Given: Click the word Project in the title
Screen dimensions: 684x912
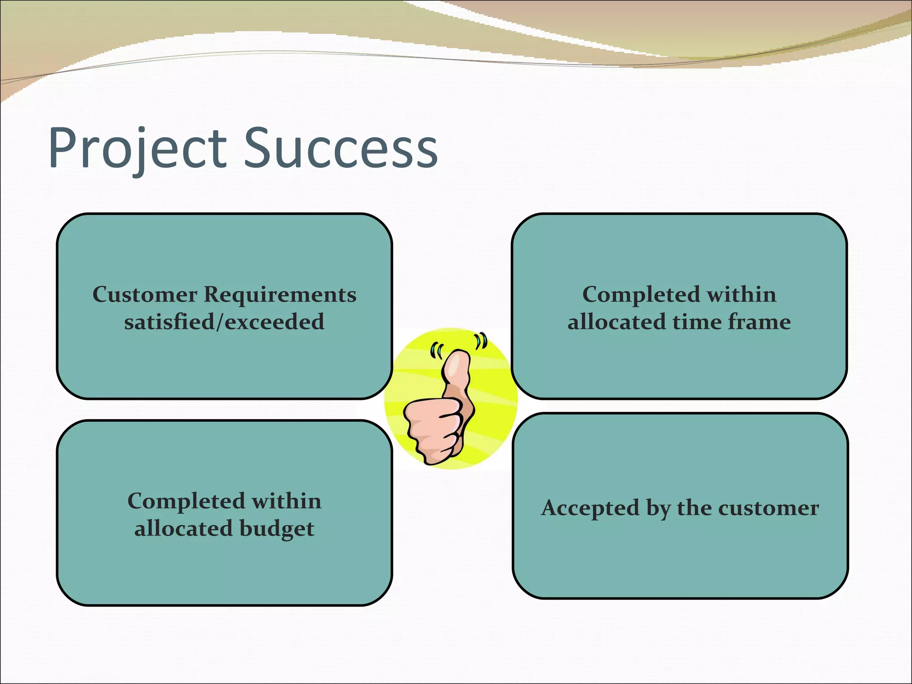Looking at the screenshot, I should tap(138, 148).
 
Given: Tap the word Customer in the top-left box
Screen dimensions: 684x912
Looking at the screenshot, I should tap(145, 294).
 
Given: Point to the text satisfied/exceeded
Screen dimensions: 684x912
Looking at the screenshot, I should tap(224, 322).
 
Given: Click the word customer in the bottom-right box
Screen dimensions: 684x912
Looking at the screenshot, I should tap(769, 508).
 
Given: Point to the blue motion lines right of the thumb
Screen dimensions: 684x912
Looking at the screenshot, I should tap(480, 341).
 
